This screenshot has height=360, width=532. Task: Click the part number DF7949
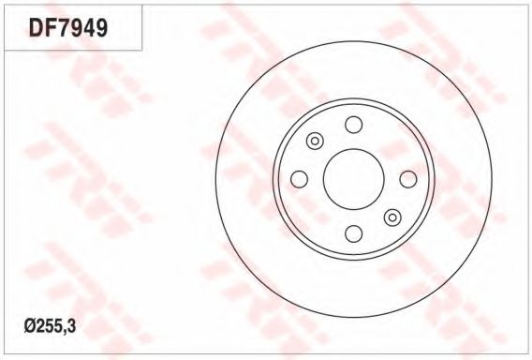pos(68,27)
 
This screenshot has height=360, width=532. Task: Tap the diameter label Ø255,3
pos(50,326)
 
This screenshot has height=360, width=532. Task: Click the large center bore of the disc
pos(353,179)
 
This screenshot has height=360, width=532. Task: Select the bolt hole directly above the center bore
pos(353,125)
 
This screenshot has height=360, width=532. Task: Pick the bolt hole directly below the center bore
pos(353,233)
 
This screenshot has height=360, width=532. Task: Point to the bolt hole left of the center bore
pos(300,179)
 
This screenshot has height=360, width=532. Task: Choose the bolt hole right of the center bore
pos(408,179)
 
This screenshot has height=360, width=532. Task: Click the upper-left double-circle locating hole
pos(315,141)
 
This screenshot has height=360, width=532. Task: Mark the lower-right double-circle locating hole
pos(392,217)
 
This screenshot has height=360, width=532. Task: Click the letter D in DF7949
pos(36,27)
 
